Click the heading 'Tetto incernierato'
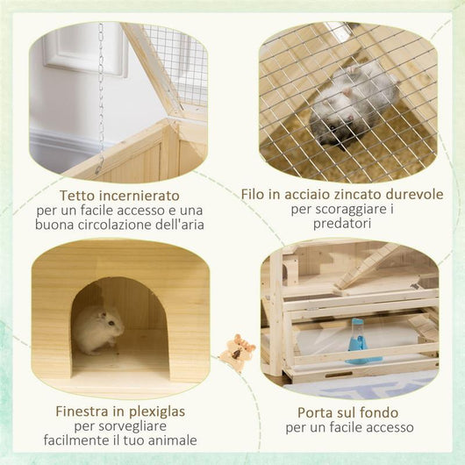coord(120,194)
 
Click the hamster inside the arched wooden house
coord(98,328)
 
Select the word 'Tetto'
coord(79,194)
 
